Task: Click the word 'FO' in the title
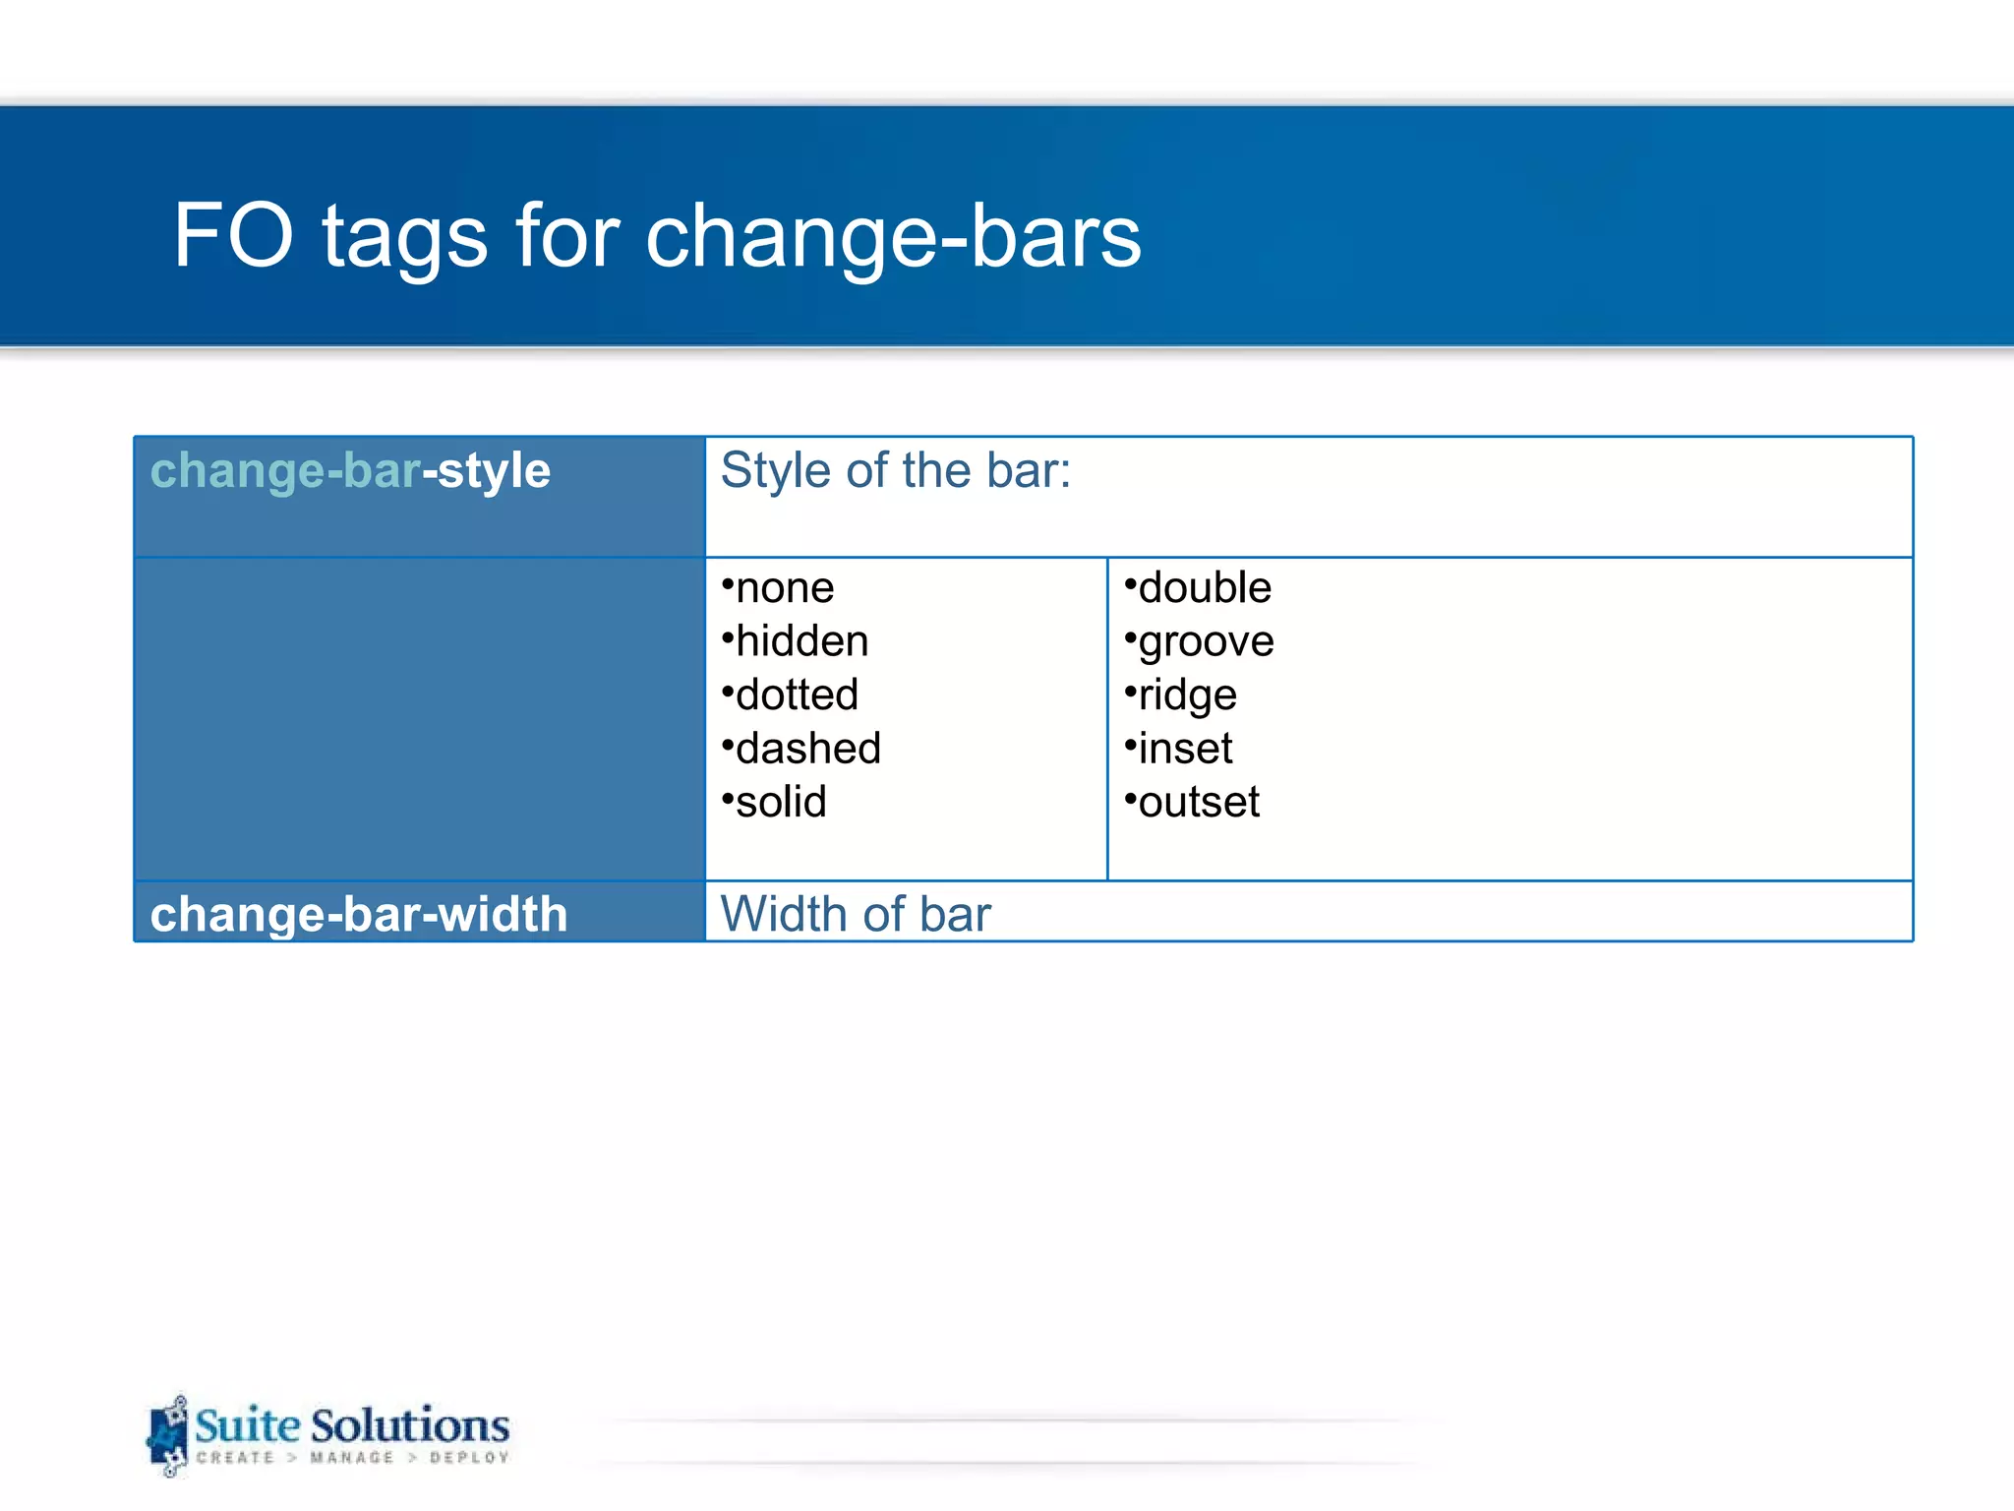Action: (x=233, y=236)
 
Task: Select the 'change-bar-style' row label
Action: (x=350, y=470)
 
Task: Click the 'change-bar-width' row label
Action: (x=359, y=914)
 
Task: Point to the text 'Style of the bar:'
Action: (x=895, y=470)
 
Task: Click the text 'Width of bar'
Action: (x=856, y=914)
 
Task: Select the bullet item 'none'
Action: (x=784, y=588)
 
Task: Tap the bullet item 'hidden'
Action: (x=800, y=641)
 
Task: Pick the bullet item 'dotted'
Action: (x=796, y=695)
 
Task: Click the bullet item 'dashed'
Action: (x=807, y=749)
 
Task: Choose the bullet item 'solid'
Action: (x=780, y=803)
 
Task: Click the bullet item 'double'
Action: (x=1204, y=588)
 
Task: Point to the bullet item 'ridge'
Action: (x=1186, y=695)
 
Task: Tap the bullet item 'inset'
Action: (x=1184, y=749)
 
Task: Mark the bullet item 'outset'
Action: (x=1198, y=803)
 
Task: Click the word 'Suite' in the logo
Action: (x=247, y=1425)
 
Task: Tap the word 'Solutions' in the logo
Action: (x=410, y=1425)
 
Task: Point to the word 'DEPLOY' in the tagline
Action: (x=469, y=1458)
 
